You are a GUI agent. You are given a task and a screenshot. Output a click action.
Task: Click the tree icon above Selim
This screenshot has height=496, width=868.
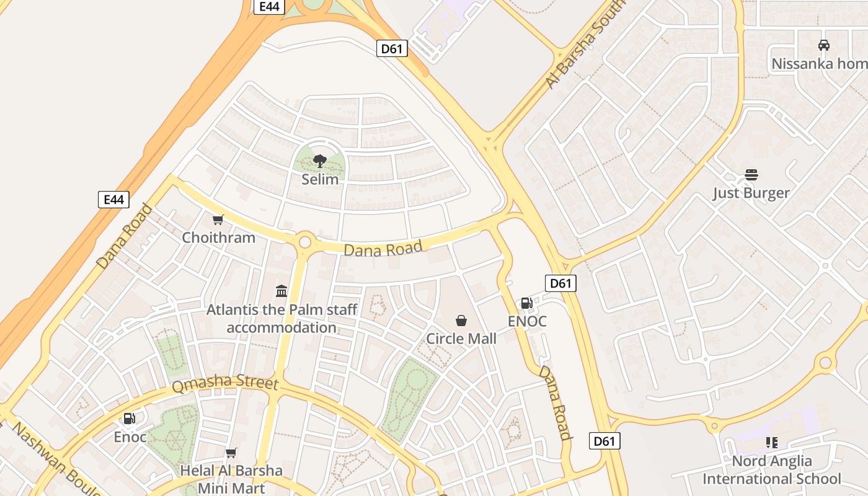point(319,162)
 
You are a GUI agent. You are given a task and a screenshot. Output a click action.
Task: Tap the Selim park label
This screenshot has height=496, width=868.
point(320,180)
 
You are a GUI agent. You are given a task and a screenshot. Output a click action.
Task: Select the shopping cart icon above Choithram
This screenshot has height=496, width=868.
point(218,219)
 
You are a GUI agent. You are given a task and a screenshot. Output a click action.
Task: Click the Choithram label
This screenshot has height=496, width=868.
point(218,237)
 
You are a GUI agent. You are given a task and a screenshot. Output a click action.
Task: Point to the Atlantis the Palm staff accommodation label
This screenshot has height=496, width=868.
point(281,318)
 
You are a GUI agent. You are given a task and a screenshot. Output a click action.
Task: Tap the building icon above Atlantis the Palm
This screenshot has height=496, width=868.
point(281,290)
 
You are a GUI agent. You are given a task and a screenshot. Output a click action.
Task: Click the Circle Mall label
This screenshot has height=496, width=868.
point(461,339)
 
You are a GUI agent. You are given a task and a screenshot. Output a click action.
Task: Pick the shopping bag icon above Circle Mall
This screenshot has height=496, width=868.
point(461,321)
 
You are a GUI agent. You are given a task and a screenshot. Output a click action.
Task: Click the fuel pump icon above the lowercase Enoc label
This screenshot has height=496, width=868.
point(130,418)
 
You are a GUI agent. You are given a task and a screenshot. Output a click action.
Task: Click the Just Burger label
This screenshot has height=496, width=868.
point(751,193)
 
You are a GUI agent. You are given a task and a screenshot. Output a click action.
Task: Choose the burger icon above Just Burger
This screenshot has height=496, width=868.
point(751,175)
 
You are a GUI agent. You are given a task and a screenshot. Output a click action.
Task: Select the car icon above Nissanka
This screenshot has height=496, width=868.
point(824,45)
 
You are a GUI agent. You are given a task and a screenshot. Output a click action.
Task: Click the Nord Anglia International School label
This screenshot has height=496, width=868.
point(772,469)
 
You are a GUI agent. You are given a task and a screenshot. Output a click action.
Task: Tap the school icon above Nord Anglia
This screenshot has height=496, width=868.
point(772,443)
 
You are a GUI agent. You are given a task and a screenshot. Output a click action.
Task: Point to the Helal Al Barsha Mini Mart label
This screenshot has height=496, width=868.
point(231,479)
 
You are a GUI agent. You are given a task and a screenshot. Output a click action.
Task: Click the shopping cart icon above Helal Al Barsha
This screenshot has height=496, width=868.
point(231,453)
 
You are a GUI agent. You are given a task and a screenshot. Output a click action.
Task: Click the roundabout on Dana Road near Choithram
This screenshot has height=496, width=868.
point(304,242)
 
